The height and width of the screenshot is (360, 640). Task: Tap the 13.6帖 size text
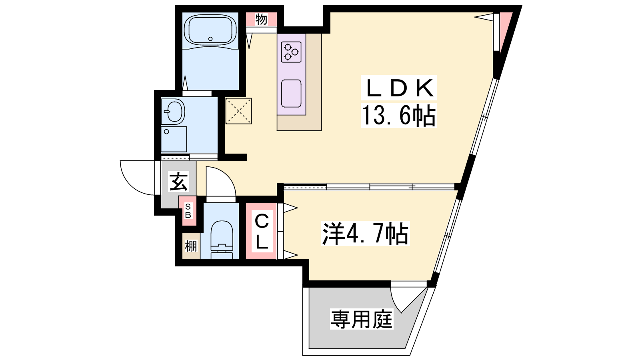pos(399,116)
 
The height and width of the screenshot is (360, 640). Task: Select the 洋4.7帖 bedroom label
pos(366,233)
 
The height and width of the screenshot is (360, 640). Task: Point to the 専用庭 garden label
pos(362,319)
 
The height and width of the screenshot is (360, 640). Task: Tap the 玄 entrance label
pos(179,182)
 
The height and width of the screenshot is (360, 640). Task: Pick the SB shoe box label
pos(188,211)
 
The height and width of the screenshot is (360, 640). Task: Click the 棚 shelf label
pos(191,246)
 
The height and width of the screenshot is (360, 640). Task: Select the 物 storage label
pos(261,19)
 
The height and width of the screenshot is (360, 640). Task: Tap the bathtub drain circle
pos(210,38)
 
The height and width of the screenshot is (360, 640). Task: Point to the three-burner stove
pos(291,52)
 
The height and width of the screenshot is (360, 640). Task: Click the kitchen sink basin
pos(291,94)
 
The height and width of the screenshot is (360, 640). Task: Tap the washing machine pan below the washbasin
pos(174,140)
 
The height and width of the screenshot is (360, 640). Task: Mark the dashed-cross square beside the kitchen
pos(238,111)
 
